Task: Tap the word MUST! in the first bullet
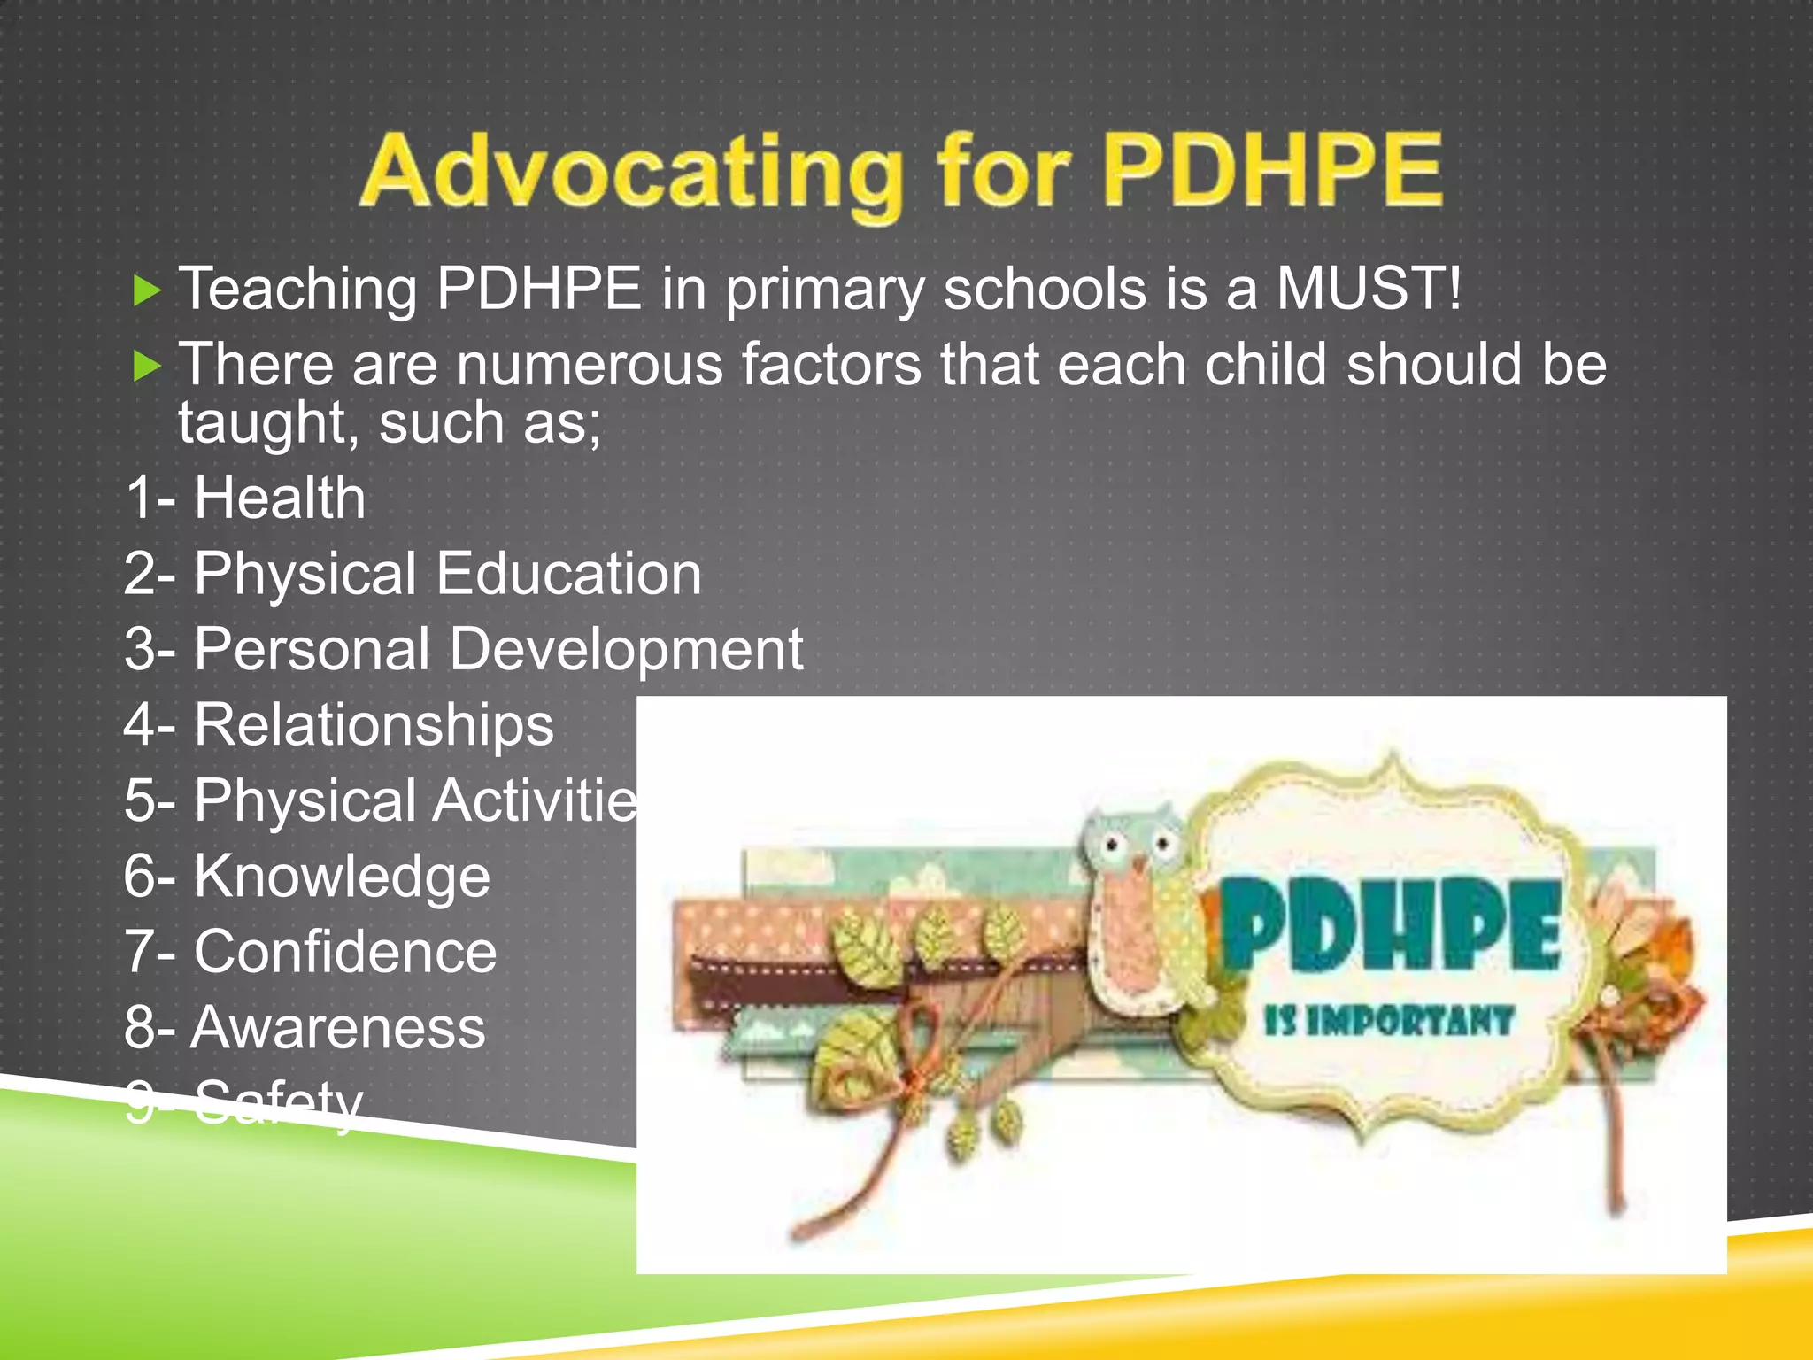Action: pos(1369,289)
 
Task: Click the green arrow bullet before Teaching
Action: pos(146,290)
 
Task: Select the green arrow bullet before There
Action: pos(146,366)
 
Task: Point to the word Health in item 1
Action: pos(279,498)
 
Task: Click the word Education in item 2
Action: pos(569,574)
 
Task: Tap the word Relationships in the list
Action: pos(374,725)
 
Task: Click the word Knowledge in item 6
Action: pos(342,877)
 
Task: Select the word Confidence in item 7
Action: pos(345,953)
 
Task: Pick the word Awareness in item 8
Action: pos(338,1028)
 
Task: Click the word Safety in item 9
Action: pos(278,1103)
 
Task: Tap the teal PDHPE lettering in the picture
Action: pos(1390,925)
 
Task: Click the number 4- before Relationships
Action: pos(150,725)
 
